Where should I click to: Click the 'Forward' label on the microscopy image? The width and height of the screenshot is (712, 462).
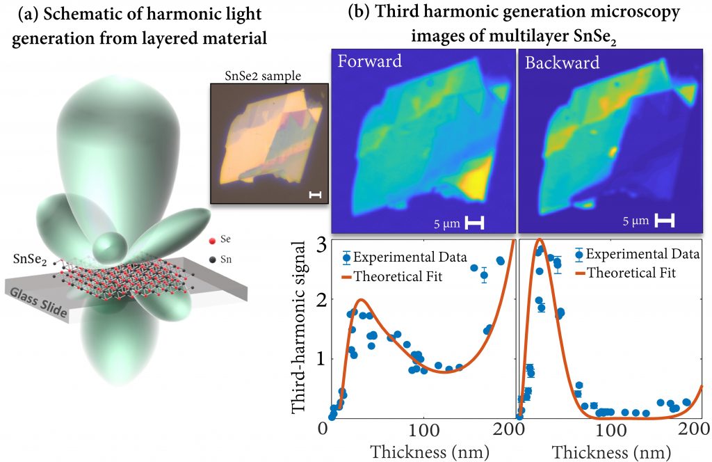[369, 61]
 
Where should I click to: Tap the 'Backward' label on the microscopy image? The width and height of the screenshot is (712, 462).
[562, 62]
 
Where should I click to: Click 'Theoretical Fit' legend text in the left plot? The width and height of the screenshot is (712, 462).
[398, 278]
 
